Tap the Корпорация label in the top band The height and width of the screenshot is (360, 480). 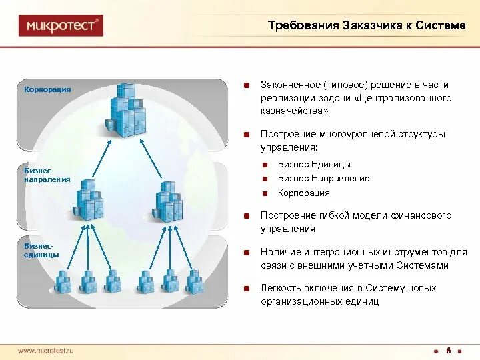pos(47,89)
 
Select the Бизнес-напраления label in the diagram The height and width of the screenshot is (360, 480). pos(47,176)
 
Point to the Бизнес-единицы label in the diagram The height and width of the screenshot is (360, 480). pos(41,251)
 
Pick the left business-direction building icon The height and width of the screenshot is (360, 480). pos(88,200)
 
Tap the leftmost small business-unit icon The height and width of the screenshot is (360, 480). pos(63,282)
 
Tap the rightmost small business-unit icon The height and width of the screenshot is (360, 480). pos(195,282)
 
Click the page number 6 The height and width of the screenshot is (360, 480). pos(449,351)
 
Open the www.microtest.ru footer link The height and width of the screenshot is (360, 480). pos(45,351)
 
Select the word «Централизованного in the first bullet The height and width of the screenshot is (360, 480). pos(403,98)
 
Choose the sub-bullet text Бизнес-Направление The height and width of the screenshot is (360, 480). pos(323,179)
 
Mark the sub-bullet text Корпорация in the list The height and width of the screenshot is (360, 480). pos(303,193)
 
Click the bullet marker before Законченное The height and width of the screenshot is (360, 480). pos(247,85)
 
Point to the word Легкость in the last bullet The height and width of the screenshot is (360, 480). pos(279,288)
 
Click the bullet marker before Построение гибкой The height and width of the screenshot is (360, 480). pos(247,216)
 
